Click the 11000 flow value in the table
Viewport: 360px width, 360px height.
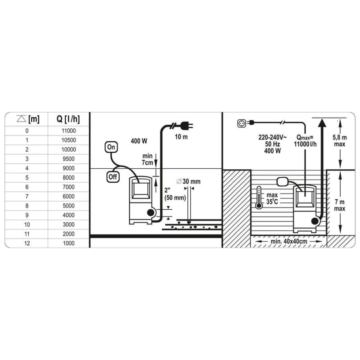click(x=69, y=130)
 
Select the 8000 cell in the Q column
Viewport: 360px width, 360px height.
click(x=69, y=177)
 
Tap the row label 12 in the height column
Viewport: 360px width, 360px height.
click(x=27, y=243)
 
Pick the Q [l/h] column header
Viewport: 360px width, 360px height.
click(x=68, y=119)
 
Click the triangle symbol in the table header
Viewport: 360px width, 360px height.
click(x=21, y=119)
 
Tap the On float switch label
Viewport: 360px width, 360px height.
click(x=111, y=147)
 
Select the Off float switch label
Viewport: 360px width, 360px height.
click(x=113, y=177)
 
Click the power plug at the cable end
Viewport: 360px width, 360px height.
click(x=186, y=126)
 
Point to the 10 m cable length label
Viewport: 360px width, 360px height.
click(x=181, y=137)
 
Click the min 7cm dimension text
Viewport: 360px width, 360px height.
click(x=148, y=159)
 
